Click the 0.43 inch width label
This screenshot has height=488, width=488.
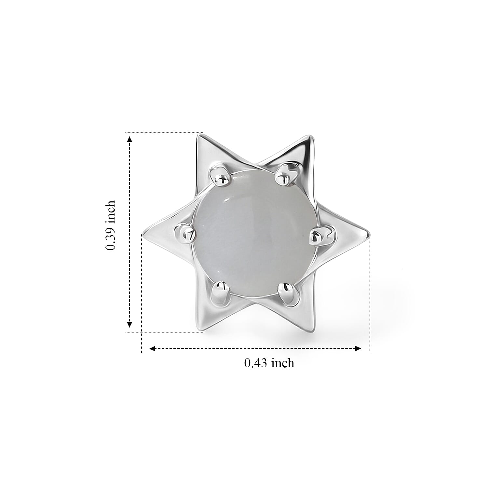point(269,363)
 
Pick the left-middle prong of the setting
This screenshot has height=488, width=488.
point(185,233)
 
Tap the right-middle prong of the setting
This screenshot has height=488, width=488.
point(321,235)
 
